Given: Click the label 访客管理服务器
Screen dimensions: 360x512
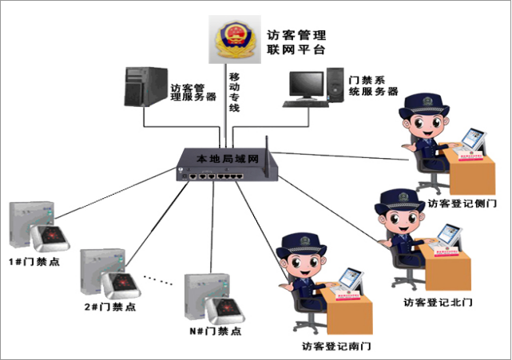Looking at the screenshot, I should pyautogui.click(x=193, y=92).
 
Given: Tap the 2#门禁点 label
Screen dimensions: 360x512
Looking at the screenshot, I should pyautogui.click(x=109, y=306).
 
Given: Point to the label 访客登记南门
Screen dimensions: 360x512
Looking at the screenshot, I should pyautogui.click(x=337, y=346).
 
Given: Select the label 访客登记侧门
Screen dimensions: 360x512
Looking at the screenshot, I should pyautogui.click(x=462, y=203).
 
